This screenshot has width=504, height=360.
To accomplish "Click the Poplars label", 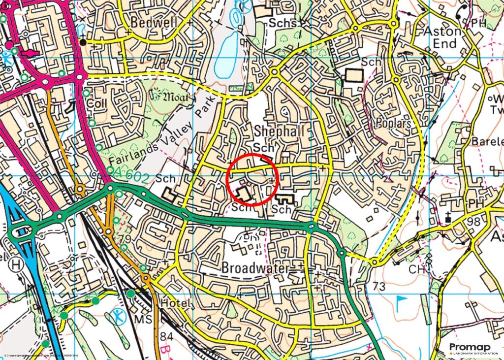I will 393,123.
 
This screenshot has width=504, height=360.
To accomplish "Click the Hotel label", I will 175,304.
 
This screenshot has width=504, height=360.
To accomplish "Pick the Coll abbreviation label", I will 96,104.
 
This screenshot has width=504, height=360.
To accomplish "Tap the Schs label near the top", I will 283,23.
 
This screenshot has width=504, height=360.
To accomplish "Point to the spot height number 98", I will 474,222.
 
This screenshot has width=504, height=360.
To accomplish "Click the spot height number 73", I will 378,286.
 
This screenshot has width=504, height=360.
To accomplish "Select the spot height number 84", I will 167,336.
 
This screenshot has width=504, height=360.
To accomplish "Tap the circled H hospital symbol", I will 18,264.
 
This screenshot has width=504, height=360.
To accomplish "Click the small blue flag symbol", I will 402,299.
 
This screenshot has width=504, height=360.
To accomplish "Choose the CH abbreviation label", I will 416,269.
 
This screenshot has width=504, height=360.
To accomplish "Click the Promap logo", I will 472,348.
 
